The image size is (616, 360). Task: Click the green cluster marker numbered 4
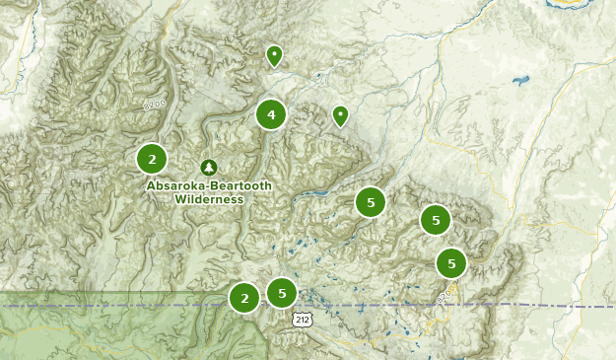(271, 115)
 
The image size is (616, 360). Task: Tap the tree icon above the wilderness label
(208, 168)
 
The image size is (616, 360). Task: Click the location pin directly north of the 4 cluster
(274, 55)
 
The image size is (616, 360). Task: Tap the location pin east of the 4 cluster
(340, 115)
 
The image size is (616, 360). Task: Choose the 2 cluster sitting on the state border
(244, 297)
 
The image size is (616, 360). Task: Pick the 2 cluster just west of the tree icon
(152, 158)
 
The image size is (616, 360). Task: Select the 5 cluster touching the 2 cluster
(282, 292)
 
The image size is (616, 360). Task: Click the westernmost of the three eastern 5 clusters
(371, 202)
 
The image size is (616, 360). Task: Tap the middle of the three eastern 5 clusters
(435, 220)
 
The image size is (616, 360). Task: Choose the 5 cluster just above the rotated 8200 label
(451, 263)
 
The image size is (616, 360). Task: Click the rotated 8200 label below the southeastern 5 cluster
(445, 294)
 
